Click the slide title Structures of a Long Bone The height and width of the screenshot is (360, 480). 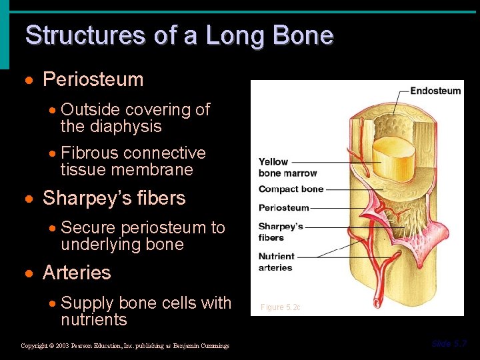coord(179,35)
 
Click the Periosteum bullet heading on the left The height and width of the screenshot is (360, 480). coord(93,80)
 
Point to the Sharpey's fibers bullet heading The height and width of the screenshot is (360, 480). coord(114,199)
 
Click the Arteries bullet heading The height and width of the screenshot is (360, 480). coord(77,273)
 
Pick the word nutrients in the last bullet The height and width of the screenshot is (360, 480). coord(93,320)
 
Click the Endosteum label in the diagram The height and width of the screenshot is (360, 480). coord(435,91)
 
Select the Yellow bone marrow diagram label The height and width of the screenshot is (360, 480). coord(278,167)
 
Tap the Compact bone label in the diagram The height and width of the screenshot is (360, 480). coord(291,189)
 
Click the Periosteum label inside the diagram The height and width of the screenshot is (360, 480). coord(283,207)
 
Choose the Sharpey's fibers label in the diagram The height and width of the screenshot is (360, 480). coord(281,232)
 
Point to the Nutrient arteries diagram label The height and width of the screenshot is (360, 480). coord(276,262)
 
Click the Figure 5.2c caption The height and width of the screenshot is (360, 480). coord(280,307)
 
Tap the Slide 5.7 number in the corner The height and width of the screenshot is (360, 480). coord(449,344)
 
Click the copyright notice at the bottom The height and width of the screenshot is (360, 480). coord(125,346)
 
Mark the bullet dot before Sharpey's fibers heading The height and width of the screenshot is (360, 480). coord(29,199)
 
